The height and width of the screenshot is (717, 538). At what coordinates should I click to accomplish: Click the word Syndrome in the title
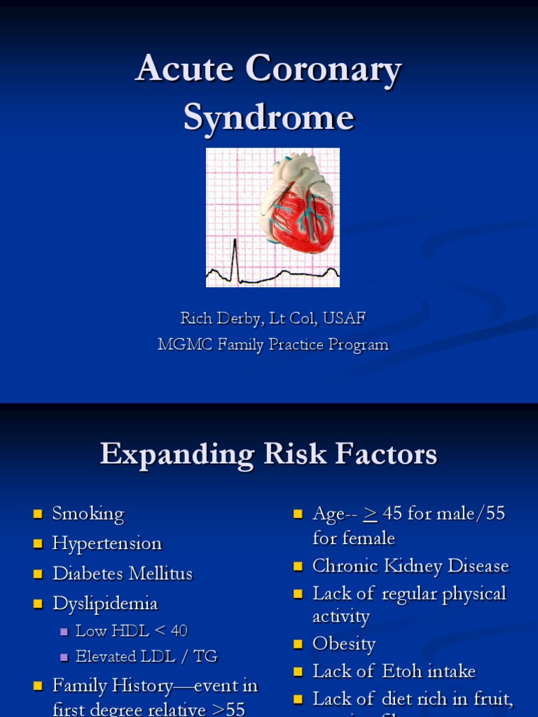point(269,118)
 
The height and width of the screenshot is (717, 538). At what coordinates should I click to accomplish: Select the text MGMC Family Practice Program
point(273,344)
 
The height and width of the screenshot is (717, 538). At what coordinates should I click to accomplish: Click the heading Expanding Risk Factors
point(269,454)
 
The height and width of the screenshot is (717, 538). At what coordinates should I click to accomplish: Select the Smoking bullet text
point(88,514)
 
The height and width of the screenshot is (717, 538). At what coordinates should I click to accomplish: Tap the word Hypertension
point(107,543)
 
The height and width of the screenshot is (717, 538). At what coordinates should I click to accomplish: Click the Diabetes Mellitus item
point(123,573)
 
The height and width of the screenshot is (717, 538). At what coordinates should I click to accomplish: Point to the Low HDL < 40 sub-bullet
point(132,631)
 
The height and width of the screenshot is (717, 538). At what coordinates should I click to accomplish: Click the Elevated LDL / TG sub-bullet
point(146,657)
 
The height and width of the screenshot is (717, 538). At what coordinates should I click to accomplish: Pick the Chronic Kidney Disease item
point(411,566)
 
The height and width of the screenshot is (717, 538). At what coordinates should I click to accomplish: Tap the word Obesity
point(344,644)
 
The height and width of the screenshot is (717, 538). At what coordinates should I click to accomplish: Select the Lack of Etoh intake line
point(394,671)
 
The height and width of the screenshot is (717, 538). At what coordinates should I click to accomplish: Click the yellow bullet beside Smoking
point(39,515)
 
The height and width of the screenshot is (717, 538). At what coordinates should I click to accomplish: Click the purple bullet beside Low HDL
point(64,632)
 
